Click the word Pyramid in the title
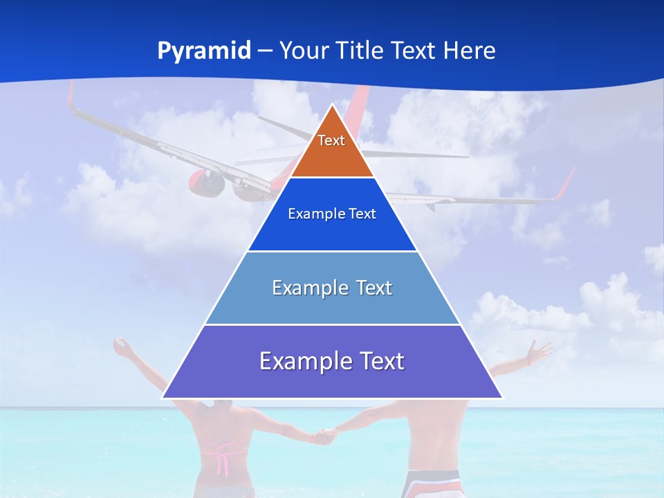[x=204, y=51]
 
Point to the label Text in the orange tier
[x=331, y=140]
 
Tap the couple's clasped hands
[x=324, y=436]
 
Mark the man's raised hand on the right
[x=536, y=352]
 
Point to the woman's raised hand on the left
[x=122, y=348]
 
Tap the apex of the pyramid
[x=333, y=106]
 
